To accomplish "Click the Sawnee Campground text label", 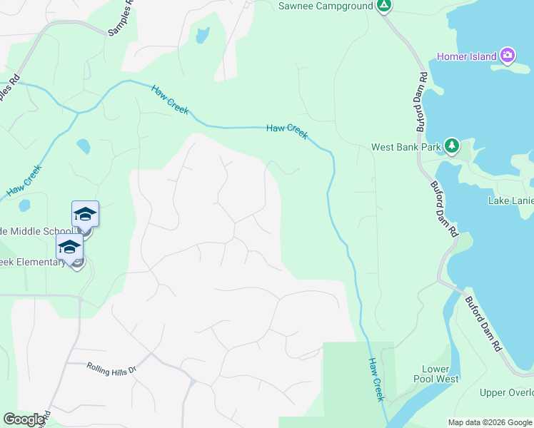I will (325, 6).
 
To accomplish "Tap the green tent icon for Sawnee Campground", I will (384, 6).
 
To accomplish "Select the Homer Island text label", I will (467, 56).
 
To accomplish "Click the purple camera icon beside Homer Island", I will (508, 55).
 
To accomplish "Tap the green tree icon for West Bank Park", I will (451, 146).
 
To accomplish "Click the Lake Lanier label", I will (510, 200).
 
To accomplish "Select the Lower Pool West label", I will (435, 374).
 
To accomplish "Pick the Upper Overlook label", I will (506, 393).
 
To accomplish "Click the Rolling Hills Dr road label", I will (111, 367).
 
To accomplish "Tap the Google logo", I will (24, 419).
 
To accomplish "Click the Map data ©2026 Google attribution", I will (490, 422).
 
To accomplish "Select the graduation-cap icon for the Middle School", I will (85, 214).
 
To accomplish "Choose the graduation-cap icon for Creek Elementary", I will (69, 247).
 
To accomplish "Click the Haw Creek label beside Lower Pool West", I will (376, 379).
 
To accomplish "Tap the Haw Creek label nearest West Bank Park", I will (287, 131).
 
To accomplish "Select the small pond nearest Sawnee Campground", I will (203, 35).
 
